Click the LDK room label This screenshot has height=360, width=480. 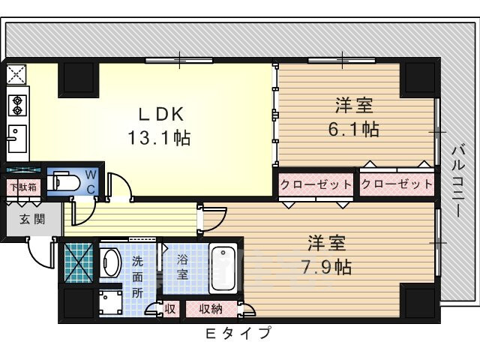(159, 114)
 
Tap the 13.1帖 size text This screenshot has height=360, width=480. (159, 138)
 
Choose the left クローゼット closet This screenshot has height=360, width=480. (316, 184)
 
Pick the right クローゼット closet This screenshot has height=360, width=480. (397, 184)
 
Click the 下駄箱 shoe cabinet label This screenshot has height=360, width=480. (22, 187)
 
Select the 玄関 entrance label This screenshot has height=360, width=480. (31, 219)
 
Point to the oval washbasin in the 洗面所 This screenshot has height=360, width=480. (112, 263)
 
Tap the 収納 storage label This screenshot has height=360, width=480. (210, 308)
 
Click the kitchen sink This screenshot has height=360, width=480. (16, 137)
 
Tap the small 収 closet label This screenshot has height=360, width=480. (171, 308)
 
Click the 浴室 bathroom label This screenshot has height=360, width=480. (182, 268)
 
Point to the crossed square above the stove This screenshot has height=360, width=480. (16, 74)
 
